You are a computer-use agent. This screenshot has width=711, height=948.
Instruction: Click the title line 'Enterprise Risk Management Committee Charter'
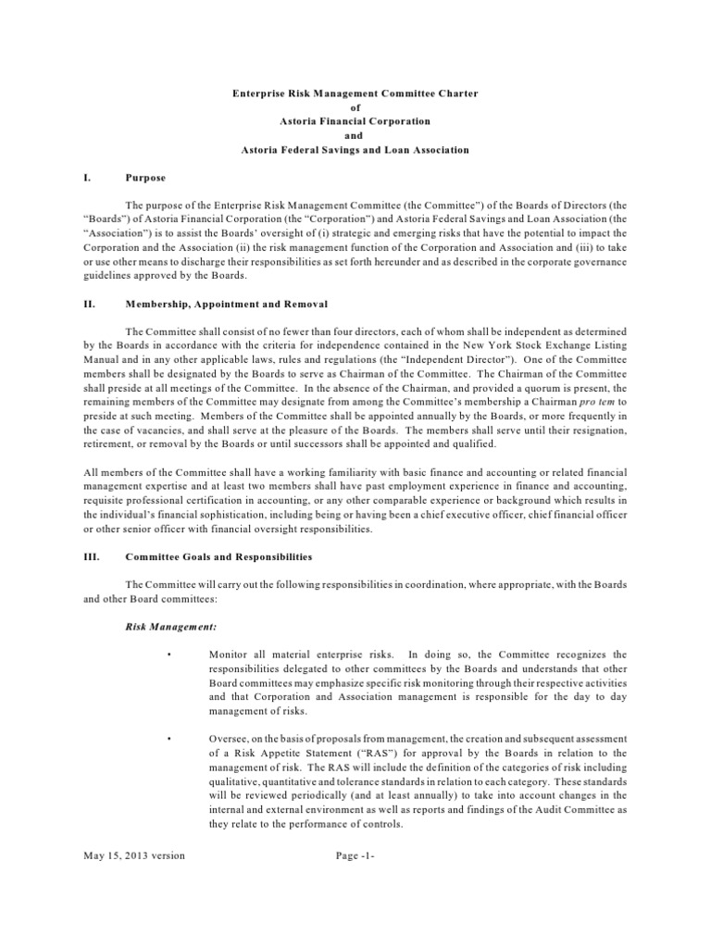pyautogui.click(x=355, y=94)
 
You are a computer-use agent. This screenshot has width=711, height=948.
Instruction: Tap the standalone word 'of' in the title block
pyautogui.click(x=355, y=107)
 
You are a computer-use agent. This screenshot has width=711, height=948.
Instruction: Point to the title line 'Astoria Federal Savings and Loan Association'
pyautogui.click(x=355, y=149)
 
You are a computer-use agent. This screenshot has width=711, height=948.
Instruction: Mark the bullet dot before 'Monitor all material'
pyautogui.click(x=170, y=655)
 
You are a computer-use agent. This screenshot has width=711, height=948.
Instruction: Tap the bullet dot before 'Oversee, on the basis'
pyautogui.click(x=170, y=739)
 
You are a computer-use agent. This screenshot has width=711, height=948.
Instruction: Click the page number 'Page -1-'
pyautogui.click(x=355, y=856)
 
